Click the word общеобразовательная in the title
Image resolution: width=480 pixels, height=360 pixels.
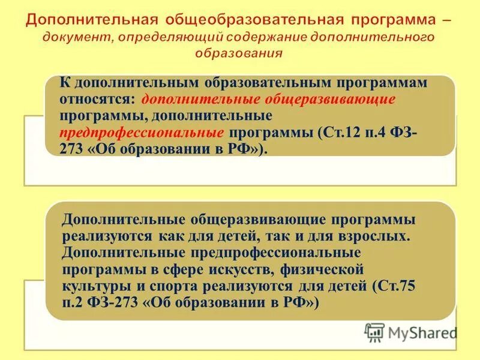[x=245, y=19]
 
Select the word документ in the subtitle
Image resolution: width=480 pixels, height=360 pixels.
[x=78, y=38]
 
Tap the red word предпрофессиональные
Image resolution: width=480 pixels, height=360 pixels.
[x=142, y=132]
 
